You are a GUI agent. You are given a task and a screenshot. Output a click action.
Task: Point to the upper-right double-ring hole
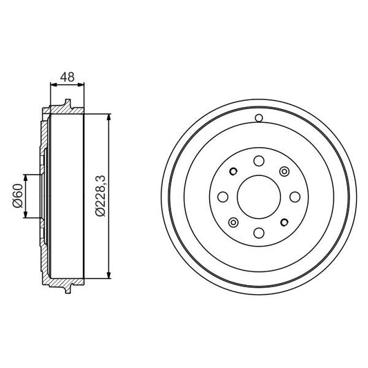pyautogui.click(x=283, y=171)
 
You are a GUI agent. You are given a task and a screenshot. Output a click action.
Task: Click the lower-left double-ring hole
pyautogui.click(x=233, y=222)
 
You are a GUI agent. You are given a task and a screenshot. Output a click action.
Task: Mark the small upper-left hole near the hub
pyautogui.click(x=233, y=172)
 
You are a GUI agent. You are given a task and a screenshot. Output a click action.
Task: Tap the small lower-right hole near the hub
pyautogui.click(x=283, y=222)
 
